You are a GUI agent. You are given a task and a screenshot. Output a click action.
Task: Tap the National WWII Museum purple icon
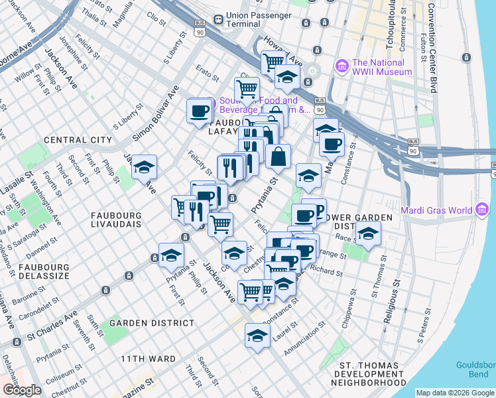342,66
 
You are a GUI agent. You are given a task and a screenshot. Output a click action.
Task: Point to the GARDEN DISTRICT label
152,323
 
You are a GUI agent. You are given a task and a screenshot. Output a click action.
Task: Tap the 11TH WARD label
148,359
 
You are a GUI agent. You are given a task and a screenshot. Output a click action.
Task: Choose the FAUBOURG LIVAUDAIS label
122,220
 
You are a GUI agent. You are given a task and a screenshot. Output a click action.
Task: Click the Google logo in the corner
22,390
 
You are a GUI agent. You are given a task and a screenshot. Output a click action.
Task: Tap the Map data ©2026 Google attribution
455,393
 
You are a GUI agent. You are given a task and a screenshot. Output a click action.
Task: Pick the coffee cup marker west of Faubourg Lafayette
199,111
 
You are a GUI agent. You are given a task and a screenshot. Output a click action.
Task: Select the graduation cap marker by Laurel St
258,336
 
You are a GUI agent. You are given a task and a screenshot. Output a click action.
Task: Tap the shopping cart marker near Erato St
247,88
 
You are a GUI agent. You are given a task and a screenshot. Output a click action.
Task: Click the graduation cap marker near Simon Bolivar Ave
144,167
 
